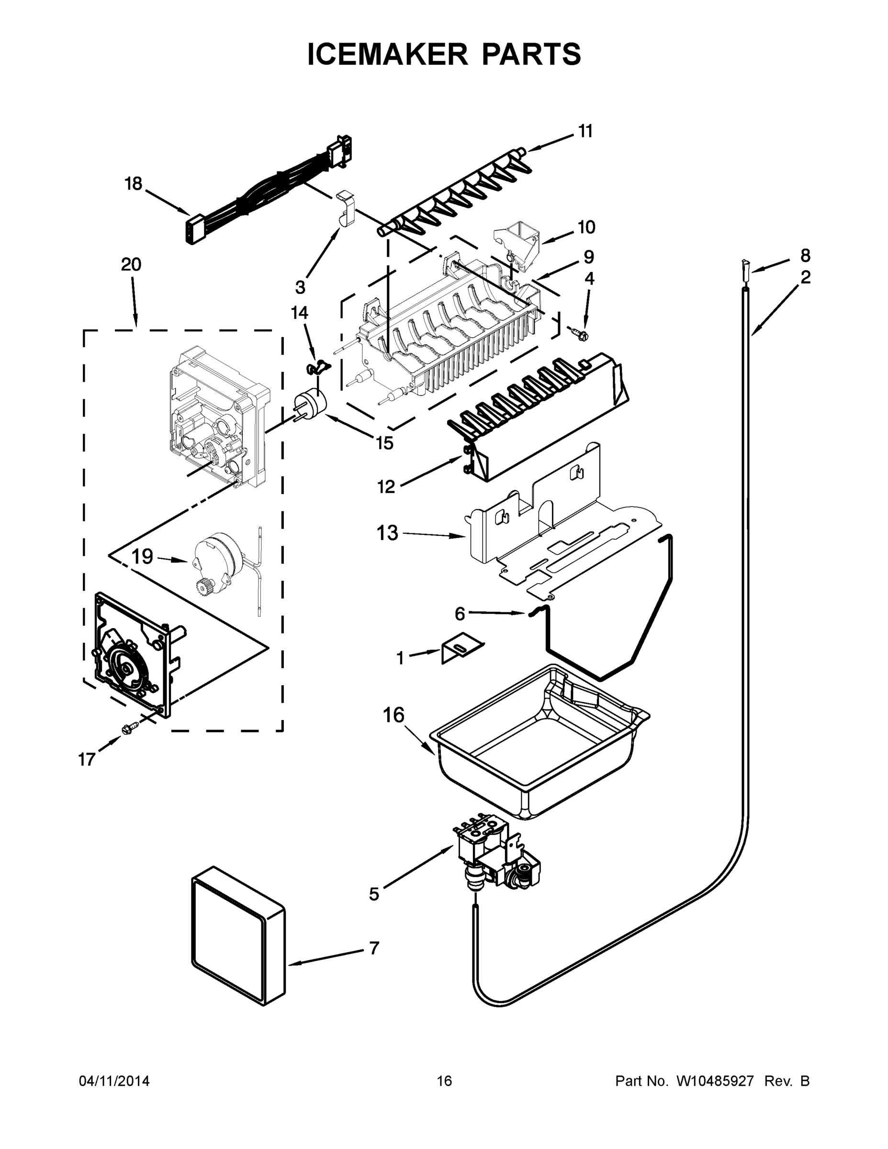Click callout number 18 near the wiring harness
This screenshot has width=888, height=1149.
pos(133,184)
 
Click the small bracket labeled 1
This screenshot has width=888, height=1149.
pos(461,648)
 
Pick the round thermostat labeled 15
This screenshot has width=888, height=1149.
pos(310,406)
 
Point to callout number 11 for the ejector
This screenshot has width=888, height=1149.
pos(585,131)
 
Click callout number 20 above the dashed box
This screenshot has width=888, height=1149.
pos(131,264)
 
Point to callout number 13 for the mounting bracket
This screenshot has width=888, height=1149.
pos(387,533)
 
